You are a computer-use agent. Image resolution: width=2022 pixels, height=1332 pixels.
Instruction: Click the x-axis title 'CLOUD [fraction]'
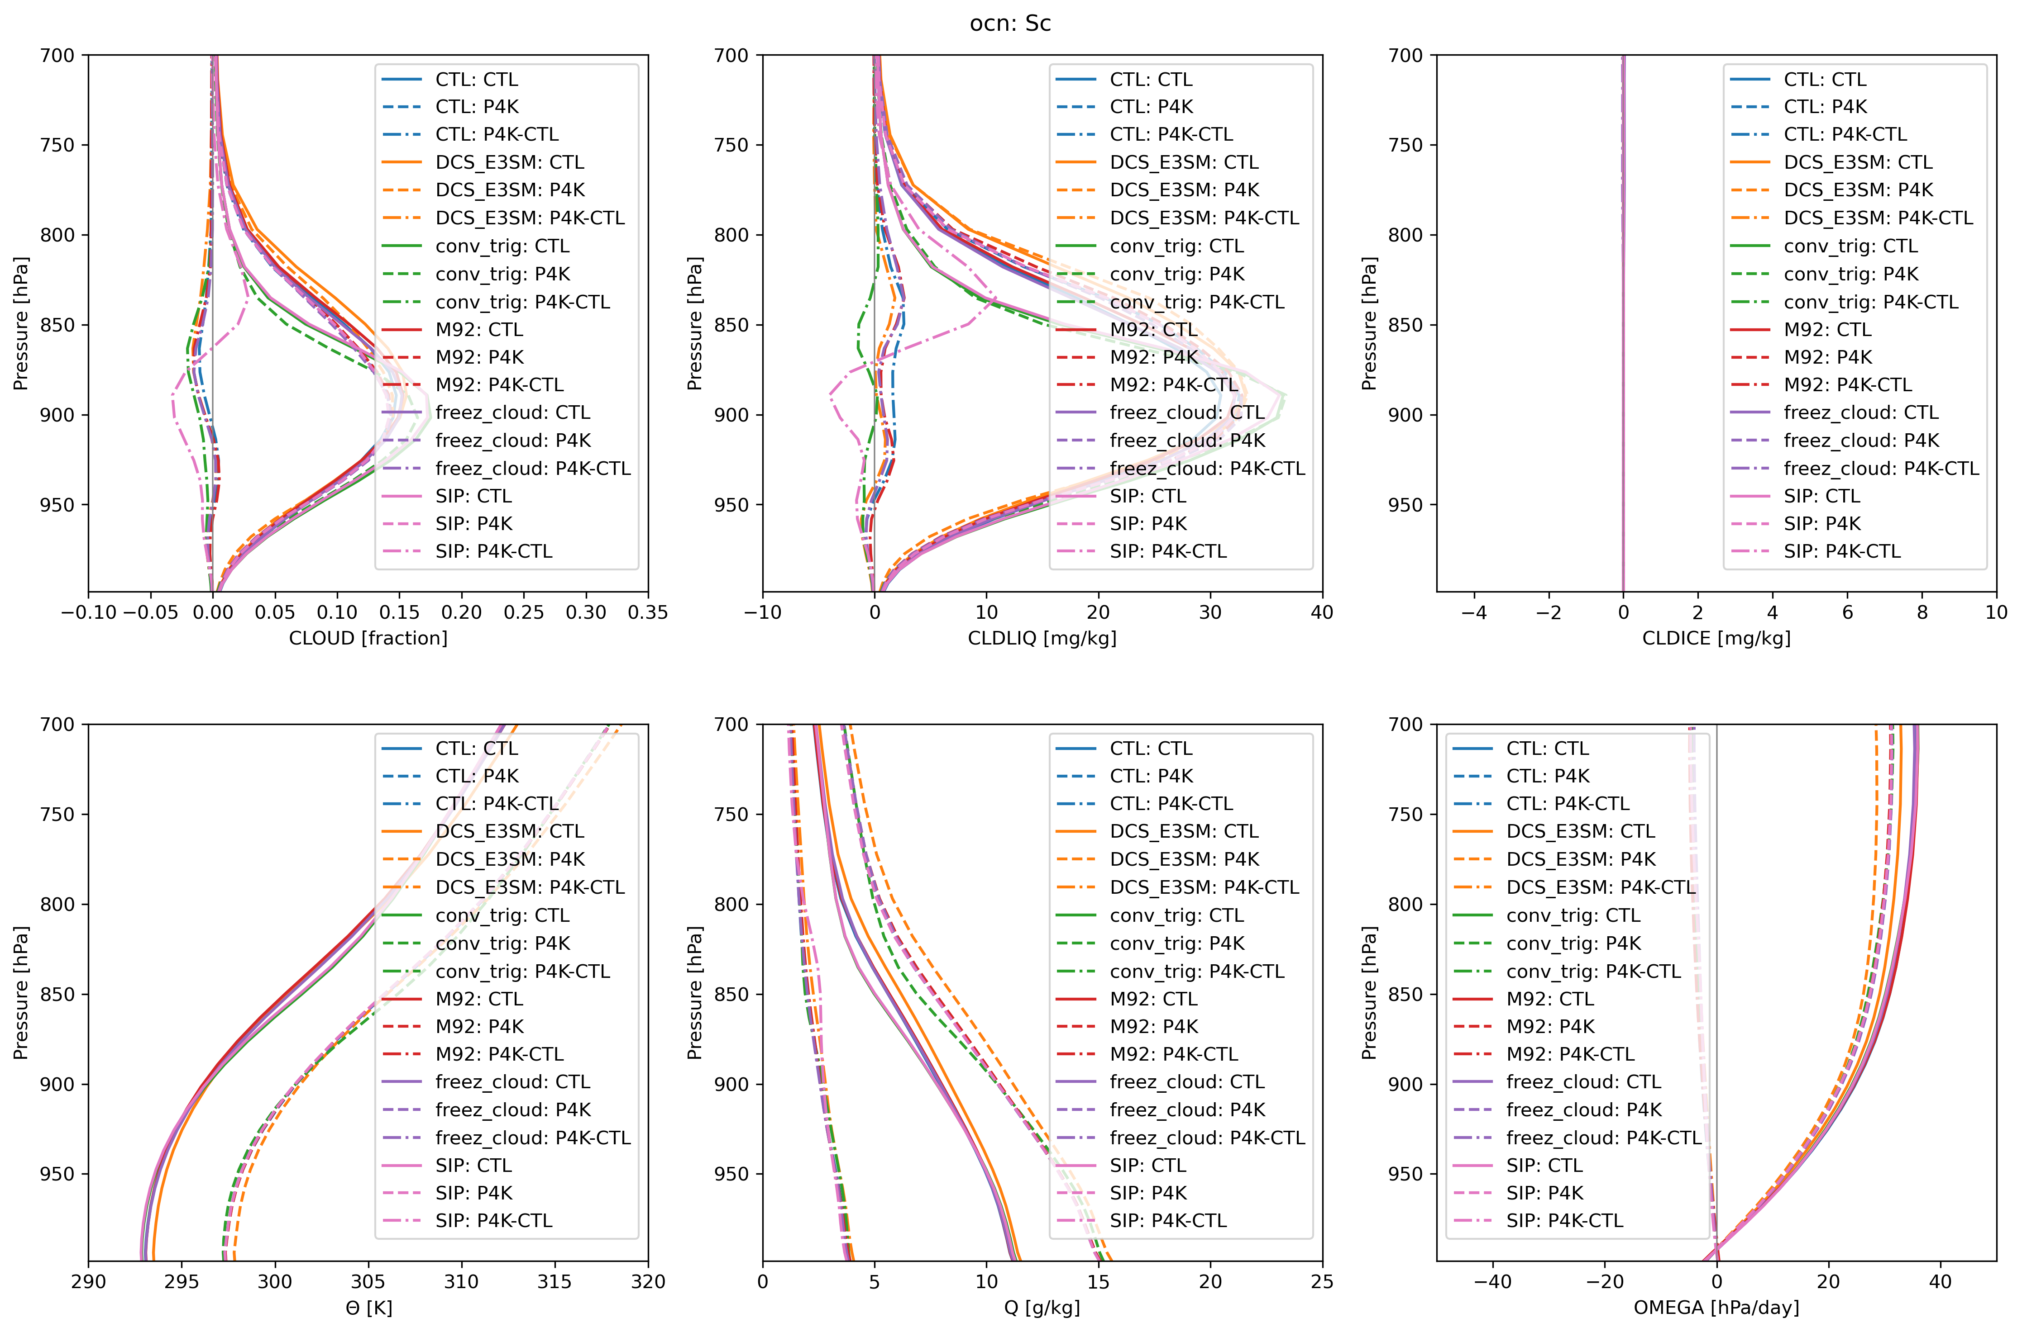click(x=368, y=638)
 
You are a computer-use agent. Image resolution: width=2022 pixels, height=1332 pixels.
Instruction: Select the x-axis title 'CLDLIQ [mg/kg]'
click(x=1042, y=638)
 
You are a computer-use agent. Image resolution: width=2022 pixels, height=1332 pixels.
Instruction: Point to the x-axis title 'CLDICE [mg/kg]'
click(x=1716, y=638)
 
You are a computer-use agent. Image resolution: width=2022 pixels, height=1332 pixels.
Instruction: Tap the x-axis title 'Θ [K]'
click(x=368, y=1308)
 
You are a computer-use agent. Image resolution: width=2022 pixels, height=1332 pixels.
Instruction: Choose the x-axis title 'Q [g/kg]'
click(x=1042, y=1308)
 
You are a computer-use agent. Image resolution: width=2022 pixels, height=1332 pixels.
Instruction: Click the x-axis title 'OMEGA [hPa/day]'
click(x=1716, y=1308)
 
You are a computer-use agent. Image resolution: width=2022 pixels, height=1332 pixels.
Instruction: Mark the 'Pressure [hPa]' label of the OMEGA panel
click(x=1368, y=992)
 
